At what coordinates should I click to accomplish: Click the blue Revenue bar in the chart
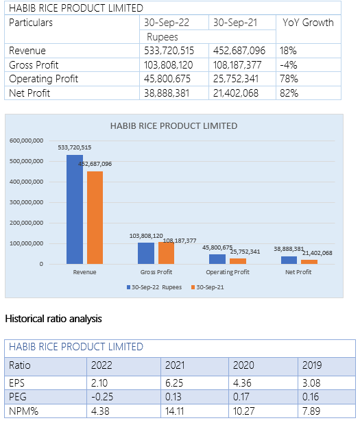click(x=75, y=209)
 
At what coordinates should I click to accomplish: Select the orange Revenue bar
click(x=95, y=218)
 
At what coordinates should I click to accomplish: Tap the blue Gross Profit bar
click(x=146, y=253)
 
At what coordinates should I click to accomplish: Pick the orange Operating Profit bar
click(x=238, y=261)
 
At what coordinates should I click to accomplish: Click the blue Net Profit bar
click(x=289, y=260)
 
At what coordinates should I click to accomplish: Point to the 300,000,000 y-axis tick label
click(x=26, y=202)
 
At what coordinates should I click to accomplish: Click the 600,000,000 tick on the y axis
click(x=26, y=141)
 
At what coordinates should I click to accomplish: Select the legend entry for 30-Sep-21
click(x=208, y=287)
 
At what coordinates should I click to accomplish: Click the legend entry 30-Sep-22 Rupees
click(x=154, y=287)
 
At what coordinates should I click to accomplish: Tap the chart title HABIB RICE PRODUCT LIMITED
click(x=173, y=126)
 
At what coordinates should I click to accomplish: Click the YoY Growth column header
click(x=308, y=23)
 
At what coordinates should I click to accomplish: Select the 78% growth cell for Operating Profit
click(x=289, y=79)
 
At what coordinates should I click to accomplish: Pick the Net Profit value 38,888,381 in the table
click(x=167, y=93)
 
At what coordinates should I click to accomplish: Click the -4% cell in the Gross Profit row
click(x=289, y=65)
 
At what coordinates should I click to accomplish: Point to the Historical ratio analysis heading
click(x=53, y=319)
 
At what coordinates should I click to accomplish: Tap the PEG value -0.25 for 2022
click(x=102, y=397)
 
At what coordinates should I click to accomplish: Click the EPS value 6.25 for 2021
click(x=174, y=383)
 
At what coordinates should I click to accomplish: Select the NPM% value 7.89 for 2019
click(x=311, y=411)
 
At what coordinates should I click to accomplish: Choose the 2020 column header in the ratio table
click(x=243, y=365)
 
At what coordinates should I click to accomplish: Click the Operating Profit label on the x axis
click(x=228, y=272)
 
